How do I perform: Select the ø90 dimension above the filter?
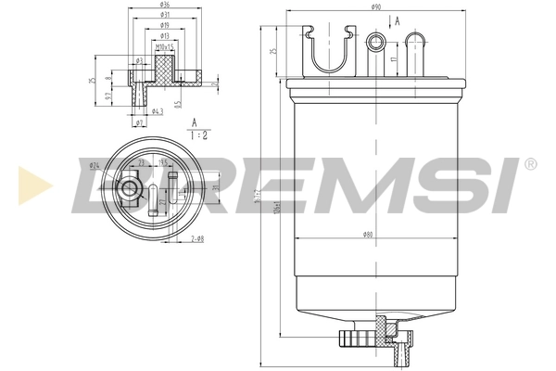(x=376, y=8)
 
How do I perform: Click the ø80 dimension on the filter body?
(x=368, y=235)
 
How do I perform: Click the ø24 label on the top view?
(x=95, y=165)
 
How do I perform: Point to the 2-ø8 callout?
(x=197, y=239)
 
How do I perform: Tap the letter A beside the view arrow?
(x=398, y=20)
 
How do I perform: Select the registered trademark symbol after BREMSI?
(x=529, y=163)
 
